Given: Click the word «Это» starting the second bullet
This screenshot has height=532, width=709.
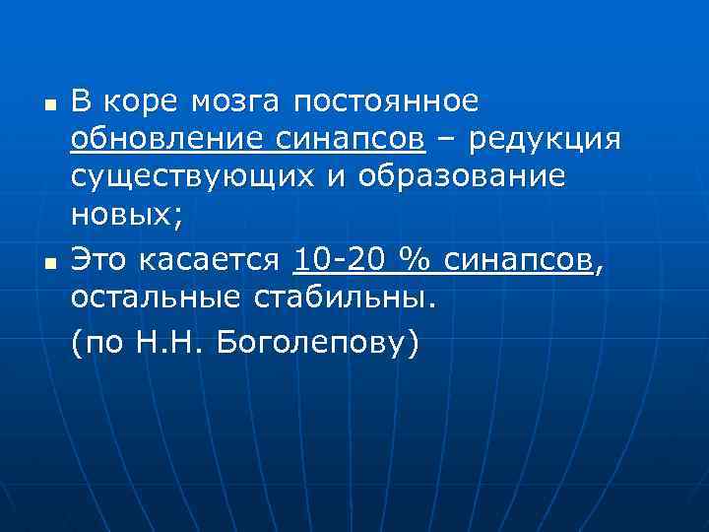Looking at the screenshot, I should coord(99,261).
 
